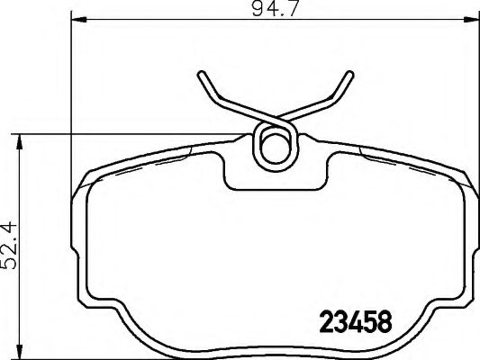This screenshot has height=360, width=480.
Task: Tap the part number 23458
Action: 358,322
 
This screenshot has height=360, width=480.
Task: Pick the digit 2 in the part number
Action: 327,322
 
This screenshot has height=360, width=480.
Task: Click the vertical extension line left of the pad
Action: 70,135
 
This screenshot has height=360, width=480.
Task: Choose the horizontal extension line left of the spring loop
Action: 135,135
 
